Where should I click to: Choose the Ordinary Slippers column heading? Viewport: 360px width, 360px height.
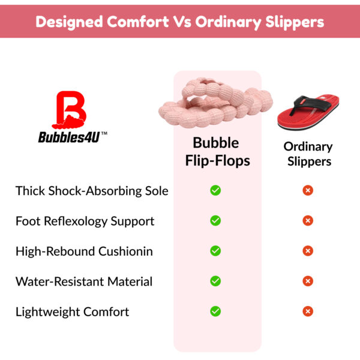(308, 154)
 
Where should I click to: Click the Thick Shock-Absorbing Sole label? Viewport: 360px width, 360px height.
(92, 191)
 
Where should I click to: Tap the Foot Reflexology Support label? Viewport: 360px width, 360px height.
(85, 221)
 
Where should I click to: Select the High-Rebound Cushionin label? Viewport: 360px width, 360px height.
(84, 251)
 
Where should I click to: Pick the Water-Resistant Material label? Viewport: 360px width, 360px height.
(84, 281)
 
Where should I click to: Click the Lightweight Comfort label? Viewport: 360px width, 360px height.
(72, 311)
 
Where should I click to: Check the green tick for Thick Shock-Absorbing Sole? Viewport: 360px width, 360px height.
(215, 190)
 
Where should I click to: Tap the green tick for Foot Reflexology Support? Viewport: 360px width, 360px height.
(215, 221)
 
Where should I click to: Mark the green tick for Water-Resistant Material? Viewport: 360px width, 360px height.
(215, 281)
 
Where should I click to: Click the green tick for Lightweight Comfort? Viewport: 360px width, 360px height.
(215, 311)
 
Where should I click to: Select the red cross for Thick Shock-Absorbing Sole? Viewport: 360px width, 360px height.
(308, 190)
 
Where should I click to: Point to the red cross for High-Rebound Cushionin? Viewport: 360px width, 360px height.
(308, 251)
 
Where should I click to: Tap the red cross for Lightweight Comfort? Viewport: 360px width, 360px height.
(308, 311)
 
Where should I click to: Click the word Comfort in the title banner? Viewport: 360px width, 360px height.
(137, 22)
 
